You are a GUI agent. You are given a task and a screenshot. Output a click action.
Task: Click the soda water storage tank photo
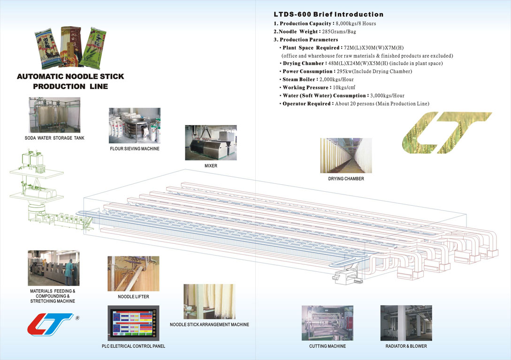click(x=54, y=115)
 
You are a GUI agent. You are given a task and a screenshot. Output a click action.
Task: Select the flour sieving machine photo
click(x=134, y=126)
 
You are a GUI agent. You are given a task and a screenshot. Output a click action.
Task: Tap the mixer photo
click(x=211, y=142)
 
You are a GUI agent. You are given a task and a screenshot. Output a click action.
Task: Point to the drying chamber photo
click(x=346, y=156)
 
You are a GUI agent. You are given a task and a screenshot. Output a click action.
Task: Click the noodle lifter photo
click(x=133, y=274)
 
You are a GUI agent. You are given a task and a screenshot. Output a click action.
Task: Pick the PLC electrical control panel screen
click(x=133, y=323)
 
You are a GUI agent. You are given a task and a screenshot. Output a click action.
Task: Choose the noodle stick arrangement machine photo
click(x=209, y=301)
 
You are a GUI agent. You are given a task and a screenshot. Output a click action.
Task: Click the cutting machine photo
click(x=327, y=323)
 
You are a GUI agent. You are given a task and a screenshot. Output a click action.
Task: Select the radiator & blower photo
click(x=406, y=323)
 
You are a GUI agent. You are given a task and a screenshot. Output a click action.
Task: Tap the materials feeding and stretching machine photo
click(x=53, y=268)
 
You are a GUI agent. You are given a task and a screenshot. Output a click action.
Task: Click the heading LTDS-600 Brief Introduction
click(x=328, y=15)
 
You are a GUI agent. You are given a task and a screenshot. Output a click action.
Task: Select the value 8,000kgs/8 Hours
click(x=356, y=23)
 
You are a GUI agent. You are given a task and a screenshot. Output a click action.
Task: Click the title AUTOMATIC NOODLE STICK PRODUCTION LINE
click(x=70, y=81)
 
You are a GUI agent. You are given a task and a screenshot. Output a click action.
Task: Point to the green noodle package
click(x=92, y=47)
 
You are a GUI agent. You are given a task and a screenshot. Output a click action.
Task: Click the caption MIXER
click(x=211, y=165)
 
